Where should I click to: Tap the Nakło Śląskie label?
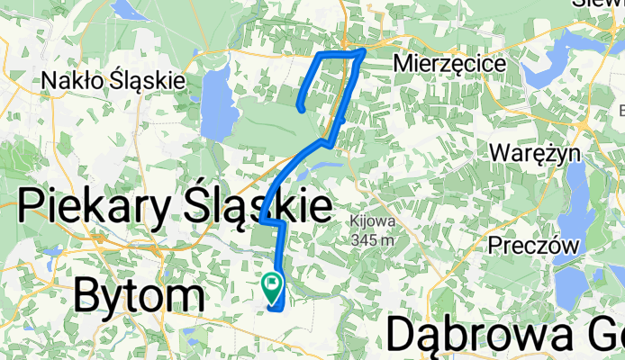pyautogui.click(x=113, y=81)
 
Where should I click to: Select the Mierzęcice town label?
pyautogui.click(x=450, y=64)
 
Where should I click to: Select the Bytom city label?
pyautogui.click(x=139, y=295)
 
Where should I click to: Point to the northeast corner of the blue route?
pyautogui.click(x=364, y=51)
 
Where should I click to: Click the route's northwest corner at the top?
pyautogui.click(x=317, y=56)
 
